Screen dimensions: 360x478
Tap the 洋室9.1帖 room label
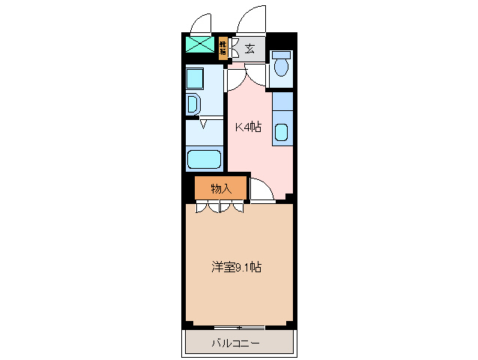coord(236,266)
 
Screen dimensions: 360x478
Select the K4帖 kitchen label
coord(248,127)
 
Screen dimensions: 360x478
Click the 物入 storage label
coord(220,188)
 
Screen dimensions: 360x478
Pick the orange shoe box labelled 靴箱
coord(223,49)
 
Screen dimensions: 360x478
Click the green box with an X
coord(200,44)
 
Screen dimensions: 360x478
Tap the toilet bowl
coord(282,68)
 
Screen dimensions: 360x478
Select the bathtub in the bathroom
coord(205,160)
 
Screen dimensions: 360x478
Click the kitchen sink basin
coord(282,133)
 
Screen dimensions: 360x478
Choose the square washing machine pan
coord(196,79)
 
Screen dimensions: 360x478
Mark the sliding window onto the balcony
coord(239,327)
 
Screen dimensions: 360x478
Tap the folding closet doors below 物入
coord(220,208)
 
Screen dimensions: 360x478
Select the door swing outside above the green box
coord(200,23)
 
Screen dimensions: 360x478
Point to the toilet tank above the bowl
coord(282,55)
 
